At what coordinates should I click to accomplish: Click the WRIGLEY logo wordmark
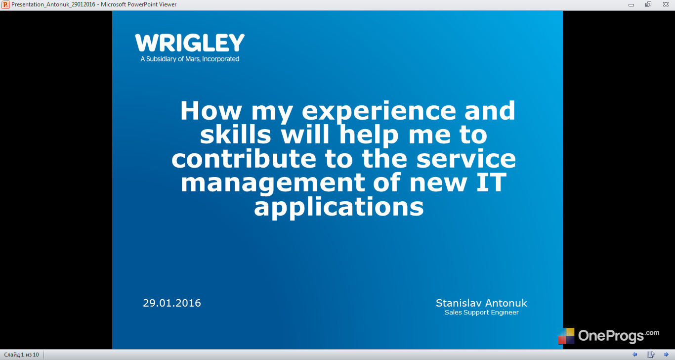pos(190,43)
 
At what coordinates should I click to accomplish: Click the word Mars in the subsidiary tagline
pos(192,59)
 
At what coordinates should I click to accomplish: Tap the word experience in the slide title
pos(379,112)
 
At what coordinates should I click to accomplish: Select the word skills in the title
pos(235,135)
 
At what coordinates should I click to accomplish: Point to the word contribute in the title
pos(244,159)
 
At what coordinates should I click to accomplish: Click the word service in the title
pos(466,159)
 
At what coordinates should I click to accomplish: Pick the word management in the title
pos(273,183)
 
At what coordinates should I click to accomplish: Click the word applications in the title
pos(338,208)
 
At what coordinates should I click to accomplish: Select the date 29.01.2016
pos(172,303)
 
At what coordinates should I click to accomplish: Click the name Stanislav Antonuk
pos(481,303)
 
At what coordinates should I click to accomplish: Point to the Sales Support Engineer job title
pos(481,313)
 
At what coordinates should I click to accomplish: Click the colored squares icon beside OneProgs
pos(566,336)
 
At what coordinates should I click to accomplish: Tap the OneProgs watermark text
pos(618,336)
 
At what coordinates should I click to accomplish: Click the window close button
pos(666,4)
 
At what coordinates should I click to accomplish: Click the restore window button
pos(648,4)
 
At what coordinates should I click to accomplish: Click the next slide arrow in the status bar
pos(666,355)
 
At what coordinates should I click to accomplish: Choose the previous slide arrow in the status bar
pos(634,355)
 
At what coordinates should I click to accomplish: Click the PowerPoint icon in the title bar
pos(5,4)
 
